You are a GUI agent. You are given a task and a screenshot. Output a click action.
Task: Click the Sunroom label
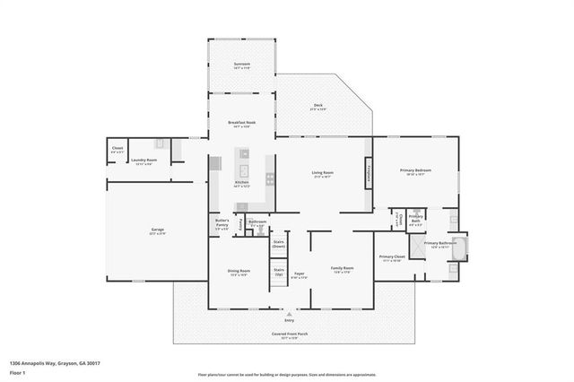pos(241,65)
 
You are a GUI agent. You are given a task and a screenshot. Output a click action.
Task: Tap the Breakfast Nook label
pos(241,126)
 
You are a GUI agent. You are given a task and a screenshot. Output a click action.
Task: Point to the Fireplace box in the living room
pos(368,174)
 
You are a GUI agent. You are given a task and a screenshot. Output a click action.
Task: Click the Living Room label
pos(323,174)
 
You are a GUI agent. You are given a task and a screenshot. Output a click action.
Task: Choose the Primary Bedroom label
pos(416,172)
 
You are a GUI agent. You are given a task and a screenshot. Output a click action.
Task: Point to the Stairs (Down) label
pos(278,244)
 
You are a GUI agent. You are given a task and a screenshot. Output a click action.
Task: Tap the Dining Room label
pos(239,273)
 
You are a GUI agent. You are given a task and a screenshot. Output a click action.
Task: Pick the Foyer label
pos(300,276)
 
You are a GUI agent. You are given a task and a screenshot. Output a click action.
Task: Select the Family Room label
pos(342,270)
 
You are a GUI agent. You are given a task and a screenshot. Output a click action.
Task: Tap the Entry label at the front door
pos(289,320)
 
